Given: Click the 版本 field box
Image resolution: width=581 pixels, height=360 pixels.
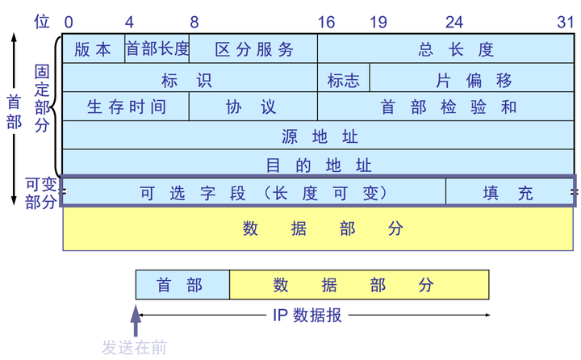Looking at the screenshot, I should point(93,49).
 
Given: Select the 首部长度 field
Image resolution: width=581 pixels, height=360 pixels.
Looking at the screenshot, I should point(157,49).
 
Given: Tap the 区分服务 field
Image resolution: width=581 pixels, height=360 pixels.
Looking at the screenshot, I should point(253,49).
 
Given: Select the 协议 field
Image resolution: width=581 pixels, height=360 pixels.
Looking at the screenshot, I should point(253,107).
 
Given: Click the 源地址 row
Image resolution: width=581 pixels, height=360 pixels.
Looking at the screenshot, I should point(319,136).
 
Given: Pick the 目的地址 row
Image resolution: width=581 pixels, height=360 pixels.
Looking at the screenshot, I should point(319,165).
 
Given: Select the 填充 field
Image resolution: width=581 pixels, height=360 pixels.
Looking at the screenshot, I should point(509,193).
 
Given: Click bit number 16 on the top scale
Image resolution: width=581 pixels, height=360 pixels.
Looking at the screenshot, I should point(326,22).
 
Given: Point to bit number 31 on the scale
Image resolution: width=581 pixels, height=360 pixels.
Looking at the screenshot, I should point(566,22).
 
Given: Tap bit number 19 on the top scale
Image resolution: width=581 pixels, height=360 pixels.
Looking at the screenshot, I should point(378,22).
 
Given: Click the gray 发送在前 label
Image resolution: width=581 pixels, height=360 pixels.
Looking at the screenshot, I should point(134,348).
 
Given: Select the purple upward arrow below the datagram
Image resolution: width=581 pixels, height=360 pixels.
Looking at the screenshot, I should point(136,321).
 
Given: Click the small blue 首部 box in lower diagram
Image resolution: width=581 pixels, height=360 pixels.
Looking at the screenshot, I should point(182,285).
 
